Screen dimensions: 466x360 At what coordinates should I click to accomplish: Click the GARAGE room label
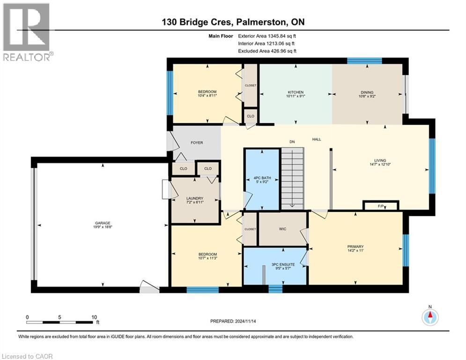coord(103,223)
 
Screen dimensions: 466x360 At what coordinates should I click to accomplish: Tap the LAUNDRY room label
coord(195,198)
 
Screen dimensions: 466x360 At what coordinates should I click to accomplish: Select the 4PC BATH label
coord(262,178)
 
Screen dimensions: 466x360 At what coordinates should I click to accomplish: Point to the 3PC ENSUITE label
coord(283,264)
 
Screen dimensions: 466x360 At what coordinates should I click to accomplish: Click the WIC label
coord(282,229)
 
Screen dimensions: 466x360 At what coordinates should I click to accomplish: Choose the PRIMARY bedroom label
coord(355,247)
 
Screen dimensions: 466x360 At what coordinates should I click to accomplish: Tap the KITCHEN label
coord(296,92)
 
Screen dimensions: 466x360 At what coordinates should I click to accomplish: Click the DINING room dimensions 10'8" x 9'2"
coord(367,96)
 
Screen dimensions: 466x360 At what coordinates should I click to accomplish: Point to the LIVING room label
coord(380,160)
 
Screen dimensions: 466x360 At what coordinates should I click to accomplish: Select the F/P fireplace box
coord(381,206)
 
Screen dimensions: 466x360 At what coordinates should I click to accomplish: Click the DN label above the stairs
coord(292,142)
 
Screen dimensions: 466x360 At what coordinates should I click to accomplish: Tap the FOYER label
coord(197,143)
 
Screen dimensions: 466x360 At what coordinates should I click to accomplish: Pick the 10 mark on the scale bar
coord(94,317)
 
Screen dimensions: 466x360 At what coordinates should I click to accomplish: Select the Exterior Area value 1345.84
coord(277,36)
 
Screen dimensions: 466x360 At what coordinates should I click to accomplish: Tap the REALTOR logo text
coord(27,57)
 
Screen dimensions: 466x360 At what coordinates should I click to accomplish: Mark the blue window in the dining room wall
coord(364,60)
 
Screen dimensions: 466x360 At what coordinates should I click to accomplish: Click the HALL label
coord(317,139)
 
